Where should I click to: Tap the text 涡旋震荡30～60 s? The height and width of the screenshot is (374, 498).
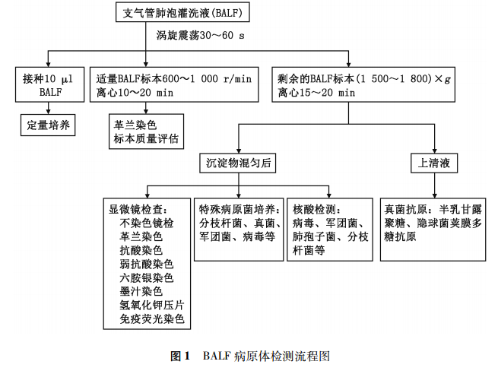click(201, 35)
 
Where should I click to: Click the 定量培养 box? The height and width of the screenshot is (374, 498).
click(47, 124)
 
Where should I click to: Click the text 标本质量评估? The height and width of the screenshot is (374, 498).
click(146, 138)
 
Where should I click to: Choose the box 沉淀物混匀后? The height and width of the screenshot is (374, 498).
click(239, 163)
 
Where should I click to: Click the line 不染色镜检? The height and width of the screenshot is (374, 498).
click(147, 223)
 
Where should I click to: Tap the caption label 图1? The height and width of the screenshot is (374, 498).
click(179, 356)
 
